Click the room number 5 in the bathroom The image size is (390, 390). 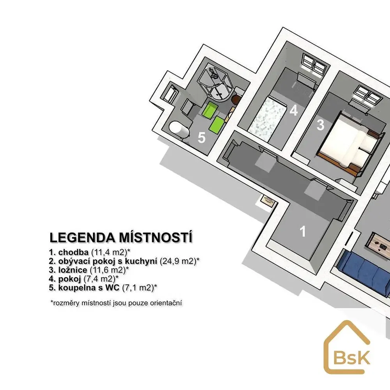click(202, 138)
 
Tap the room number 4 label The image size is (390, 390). click(294, 110)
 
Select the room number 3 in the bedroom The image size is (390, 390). click(320, 125)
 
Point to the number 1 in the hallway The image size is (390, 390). click(303, 231)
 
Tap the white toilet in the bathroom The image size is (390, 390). click(179, 129)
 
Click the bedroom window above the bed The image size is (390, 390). click(368, 96)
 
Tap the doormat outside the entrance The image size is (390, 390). click(268, 199)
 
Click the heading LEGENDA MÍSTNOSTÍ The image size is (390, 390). click(121, 237)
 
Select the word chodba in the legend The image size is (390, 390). click(73, 252)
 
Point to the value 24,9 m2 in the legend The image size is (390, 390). click(178, 261)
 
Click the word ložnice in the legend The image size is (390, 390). click(73, 270)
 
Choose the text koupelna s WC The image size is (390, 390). click(89, 288)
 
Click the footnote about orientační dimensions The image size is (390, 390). click(116, 303)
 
